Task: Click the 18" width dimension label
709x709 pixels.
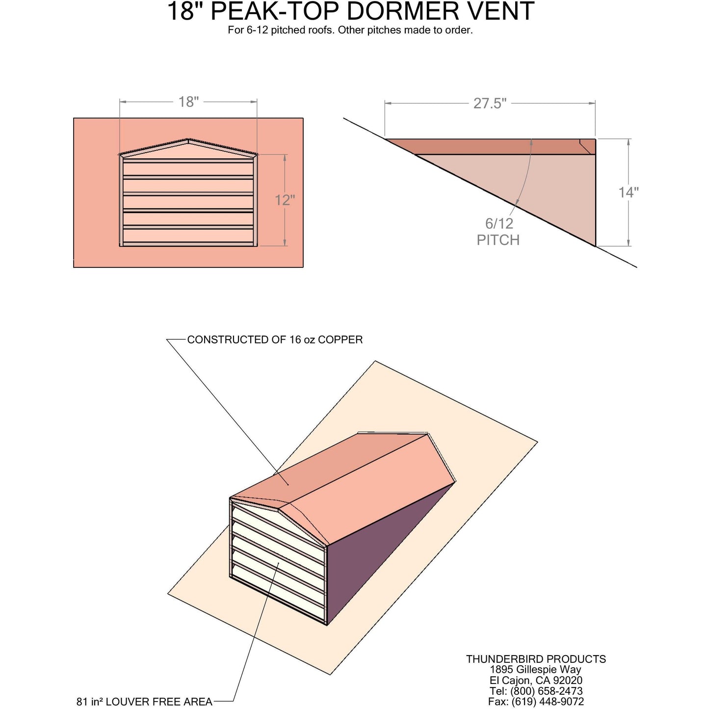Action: [188, 102]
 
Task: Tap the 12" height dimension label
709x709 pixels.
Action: [285, 200]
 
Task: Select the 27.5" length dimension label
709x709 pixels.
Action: [490, 104]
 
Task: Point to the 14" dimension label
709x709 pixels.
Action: [628, 192]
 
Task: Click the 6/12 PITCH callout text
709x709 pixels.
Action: [499, 232]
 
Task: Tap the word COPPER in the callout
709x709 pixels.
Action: [340, 340]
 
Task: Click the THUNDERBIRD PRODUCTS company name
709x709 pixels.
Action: [536, 659]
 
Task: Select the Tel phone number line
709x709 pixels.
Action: [536, 691]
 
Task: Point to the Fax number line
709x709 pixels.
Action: [536, 702]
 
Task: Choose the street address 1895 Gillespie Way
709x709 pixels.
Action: [536, 669]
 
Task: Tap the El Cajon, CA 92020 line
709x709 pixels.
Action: [536, 680]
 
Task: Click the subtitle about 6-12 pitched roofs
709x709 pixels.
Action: [350, 30]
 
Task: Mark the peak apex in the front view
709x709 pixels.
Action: [188, 140]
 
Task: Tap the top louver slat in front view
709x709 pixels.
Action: [188, 168]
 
